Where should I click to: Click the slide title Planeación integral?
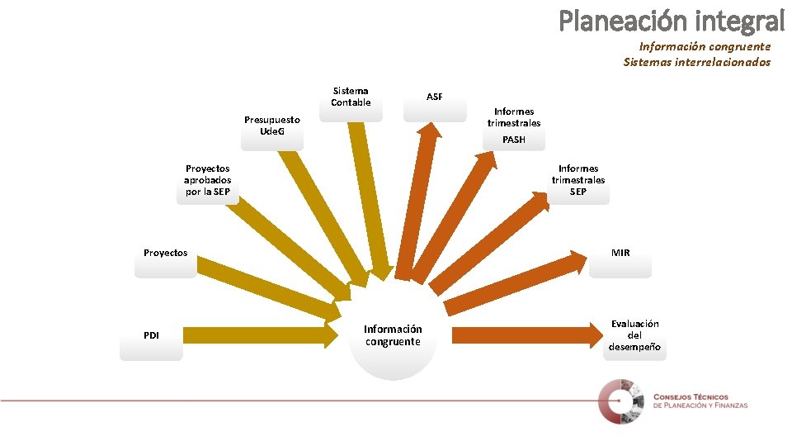[672, 20]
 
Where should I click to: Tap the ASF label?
[435, 97]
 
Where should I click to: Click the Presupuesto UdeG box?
[272, 127]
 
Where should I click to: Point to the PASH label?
[513, 140]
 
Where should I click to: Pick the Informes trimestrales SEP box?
[578, 181]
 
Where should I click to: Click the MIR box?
[620, 254]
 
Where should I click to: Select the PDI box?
[151, 336]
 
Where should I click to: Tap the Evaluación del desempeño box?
[634, 336]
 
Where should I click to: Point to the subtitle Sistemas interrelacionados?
[697, 62]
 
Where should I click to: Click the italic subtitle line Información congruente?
[705, 47]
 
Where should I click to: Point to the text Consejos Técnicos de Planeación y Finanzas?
[700, 401]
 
